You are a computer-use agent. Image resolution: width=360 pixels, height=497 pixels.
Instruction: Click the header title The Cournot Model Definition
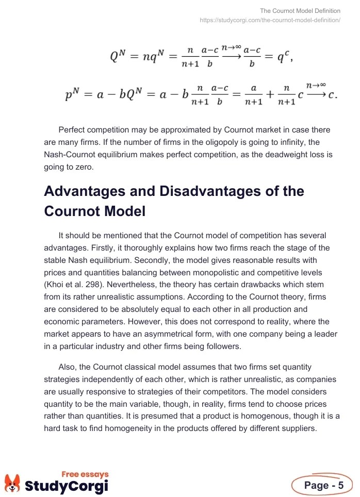300,11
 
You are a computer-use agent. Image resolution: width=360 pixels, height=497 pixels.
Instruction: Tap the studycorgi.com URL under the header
270,20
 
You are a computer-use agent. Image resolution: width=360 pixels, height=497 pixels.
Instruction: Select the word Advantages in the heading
88,192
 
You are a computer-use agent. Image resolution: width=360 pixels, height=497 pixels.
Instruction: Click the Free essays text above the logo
85,473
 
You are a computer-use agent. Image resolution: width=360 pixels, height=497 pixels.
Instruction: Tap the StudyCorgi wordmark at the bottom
67,486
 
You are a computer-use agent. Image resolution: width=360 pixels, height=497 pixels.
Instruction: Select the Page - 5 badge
323,486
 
